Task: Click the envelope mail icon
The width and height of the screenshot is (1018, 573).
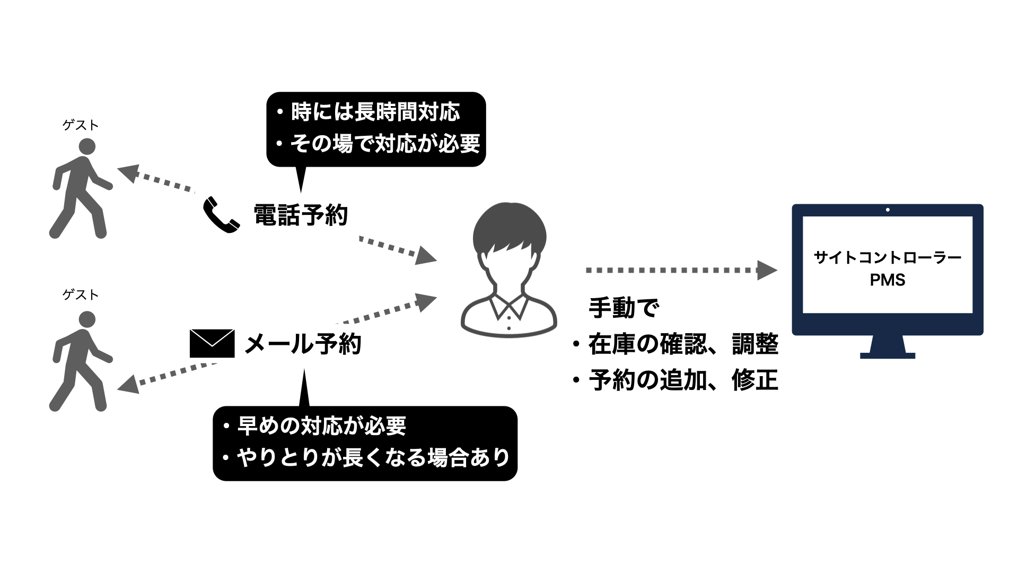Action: pyautogui.click(x=212, y=343)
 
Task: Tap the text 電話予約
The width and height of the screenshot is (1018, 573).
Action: pyautogui.click(x=301, y=215)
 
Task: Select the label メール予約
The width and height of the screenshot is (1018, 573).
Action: pyautogui.click(x=303, y=344)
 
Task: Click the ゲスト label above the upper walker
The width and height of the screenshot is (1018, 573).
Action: pyautogui.click(x=81, y=125)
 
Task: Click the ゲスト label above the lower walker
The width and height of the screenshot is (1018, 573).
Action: pyautogui.click(x=81, y=295)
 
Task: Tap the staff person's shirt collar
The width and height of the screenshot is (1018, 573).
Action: pyautogui.click(x=509, y=307)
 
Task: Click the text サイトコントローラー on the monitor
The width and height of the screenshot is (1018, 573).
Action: pyautogui.click(x=887, y=258)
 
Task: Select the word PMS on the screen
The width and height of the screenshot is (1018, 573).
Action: pyautogui.click(x=887, y=280)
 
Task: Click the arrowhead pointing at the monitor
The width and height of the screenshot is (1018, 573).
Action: pyautogui.click(x=767, y=270)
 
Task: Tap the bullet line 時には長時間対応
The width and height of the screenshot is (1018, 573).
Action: pyautogui.click(x=375, y=112)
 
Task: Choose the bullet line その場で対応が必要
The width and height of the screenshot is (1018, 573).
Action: pyautogui.click(x=384, y=144)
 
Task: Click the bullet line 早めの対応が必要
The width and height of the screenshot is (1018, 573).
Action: pyautogui.click(x=321, y=426)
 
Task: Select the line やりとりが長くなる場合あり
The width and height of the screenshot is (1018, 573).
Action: pyautogui.click(x=373, y=457)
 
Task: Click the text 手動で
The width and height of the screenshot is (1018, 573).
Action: pyautogui.click(x=624, y=308)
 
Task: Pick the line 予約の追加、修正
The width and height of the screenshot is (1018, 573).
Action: pyautogui.click(x=683, y=380)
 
